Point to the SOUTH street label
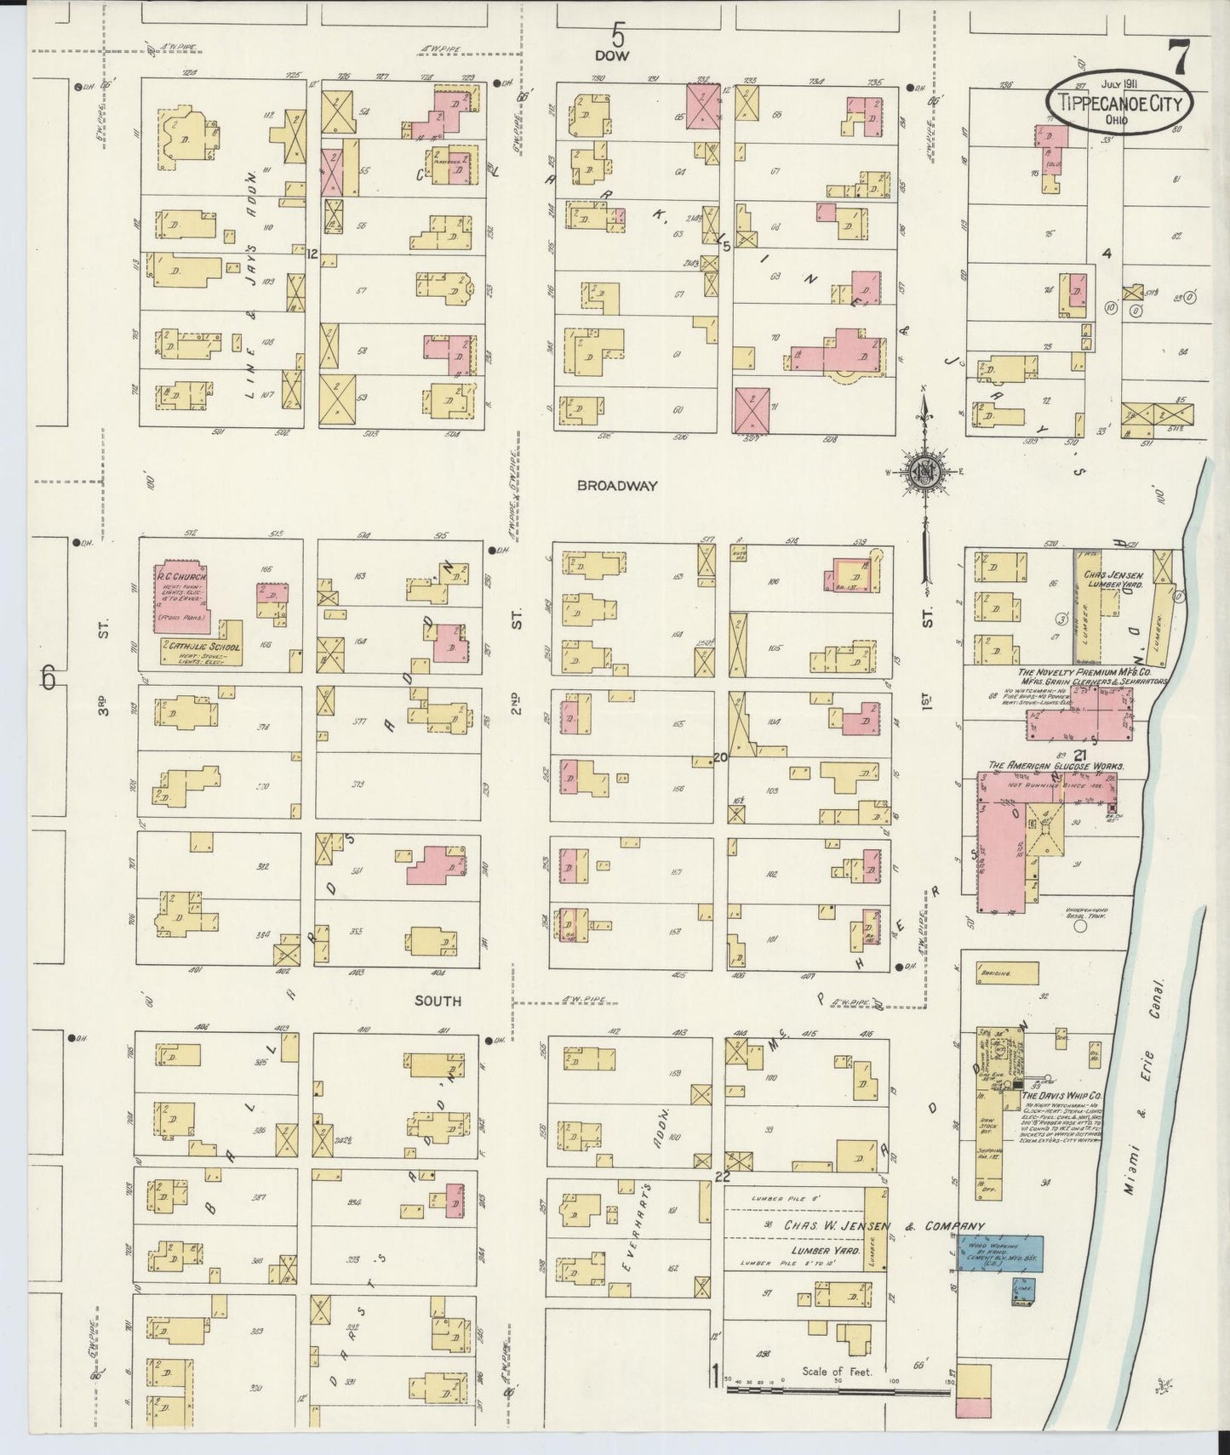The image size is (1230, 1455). click(438, 1001)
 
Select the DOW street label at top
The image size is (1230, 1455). click(611, 55)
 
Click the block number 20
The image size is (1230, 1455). click(720, 756)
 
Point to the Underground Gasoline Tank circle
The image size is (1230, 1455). click(1079, 926)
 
